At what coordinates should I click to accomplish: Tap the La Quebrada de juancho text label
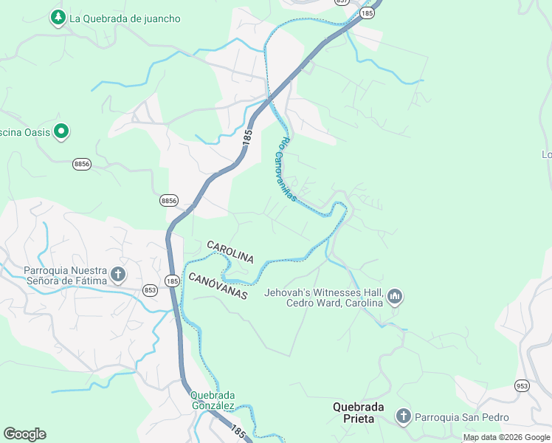click(x=125, y=18)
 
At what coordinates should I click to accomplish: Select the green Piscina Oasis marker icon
click(x=61, y=132)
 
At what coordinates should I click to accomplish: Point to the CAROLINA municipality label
click(x=230, y=252)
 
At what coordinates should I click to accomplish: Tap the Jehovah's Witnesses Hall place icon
click(x=395, y=297)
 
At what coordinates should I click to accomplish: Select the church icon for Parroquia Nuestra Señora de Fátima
click(x=117, y=275)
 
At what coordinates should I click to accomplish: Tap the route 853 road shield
click(x=151, y=290)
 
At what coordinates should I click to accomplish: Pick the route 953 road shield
click(x=522, y=386)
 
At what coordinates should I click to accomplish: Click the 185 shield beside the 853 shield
click(x=172, y=281)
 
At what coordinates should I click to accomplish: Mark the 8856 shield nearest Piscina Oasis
click(x=82, y=165)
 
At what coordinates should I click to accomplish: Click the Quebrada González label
click(x=213, y=400)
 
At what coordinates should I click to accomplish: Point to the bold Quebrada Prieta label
click(x=353, y=413)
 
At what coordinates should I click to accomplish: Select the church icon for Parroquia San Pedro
click(x=403, y=416)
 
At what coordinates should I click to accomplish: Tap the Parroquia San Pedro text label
click(x=462, y=417)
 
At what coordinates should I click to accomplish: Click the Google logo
click(x=24, y=434)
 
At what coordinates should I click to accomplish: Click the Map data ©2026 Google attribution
click(x=506, y=438)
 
